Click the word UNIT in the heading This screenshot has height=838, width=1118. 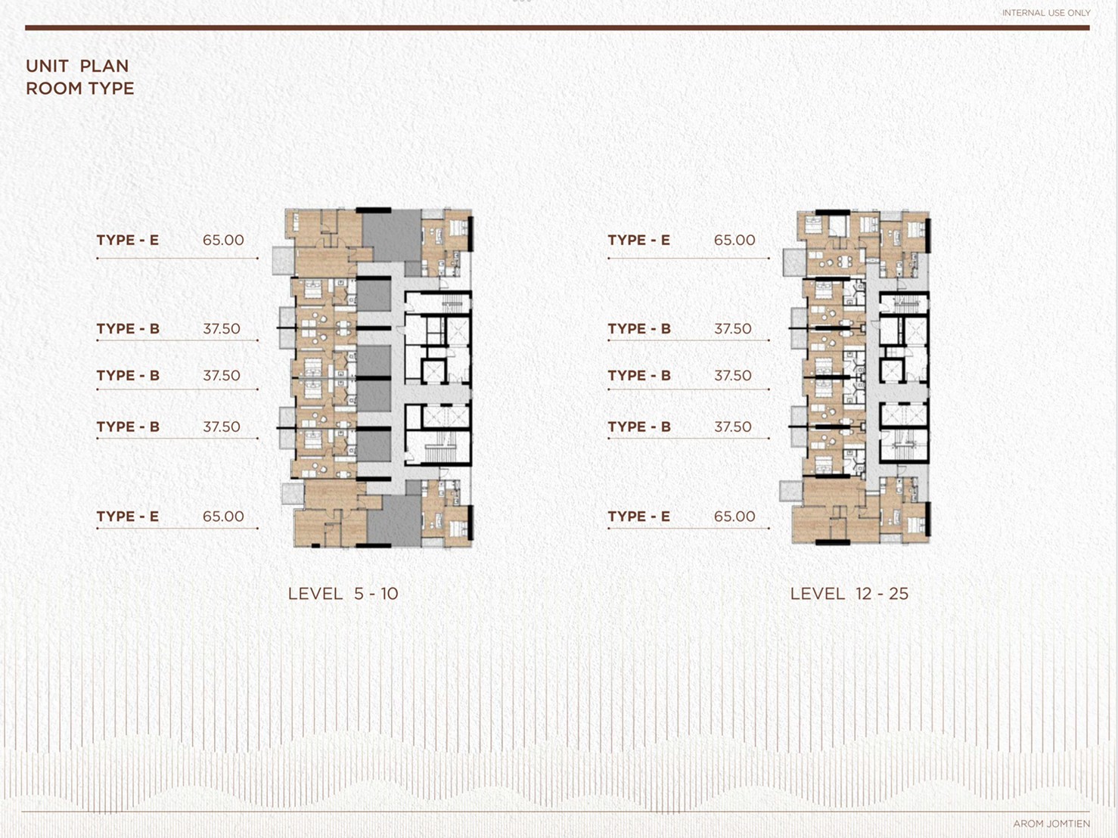[48, 67]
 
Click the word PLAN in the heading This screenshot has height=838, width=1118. [104, 67]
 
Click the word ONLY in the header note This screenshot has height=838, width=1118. [1079, 13]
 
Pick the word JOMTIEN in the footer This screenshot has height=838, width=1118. [1067, 824]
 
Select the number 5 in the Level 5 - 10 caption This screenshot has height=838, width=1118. [359, 594]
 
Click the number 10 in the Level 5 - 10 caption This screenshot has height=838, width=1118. [389, 594]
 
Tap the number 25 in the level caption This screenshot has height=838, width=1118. [899, 594]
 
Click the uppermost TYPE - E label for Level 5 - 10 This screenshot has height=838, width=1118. [128, 240]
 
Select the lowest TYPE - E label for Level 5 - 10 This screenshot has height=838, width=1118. [128, 517]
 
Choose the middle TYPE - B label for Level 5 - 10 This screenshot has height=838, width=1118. [128, 375]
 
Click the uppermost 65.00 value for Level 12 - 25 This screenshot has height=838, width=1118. [734, 240]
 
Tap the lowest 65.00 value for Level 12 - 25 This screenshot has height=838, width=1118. [734, 517]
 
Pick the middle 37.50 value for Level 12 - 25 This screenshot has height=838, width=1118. [732, 375]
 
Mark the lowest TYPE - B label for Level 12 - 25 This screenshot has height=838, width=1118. [639, 427]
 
